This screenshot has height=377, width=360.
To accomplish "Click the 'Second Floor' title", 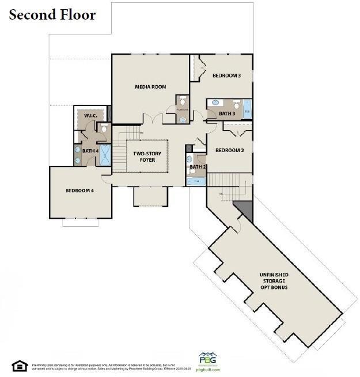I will tap(52, 15).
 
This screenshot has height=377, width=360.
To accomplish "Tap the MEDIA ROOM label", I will tap(150, 87).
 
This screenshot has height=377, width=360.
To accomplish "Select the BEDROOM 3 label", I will tap(226, 75).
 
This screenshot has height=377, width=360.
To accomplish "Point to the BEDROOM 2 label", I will tap(230, 150).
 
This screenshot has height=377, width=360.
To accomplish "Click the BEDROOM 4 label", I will tap(79, 191).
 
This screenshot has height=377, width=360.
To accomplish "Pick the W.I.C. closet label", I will tap(90, 116).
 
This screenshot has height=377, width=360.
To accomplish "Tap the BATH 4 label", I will tap(90, 151).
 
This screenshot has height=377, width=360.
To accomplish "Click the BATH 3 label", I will tap(227, 114).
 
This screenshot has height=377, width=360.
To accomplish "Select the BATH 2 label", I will tap(198, 167).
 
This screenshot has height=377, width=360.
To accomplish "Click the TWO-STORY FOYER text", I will tap(147, 157).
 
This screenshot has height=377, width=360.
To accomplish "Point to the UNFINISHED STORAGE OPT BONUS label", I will tap(274, 281).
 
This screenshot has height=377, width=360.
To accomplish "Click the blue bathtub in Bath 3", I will tap(247, 110).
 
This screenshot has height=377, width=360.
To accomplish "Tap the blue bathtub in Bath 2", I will tap(196, 181).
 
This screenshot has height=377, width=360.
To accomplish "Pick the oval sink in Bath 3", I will tap(214, 103).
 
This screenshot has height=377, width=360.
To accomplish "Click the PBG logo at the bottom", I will tap(208, 359).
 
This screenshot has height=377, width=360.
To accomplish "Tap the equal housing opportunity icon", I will tap(19, 365).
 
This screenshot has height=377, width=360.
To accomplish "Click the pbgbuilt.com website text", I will tap(208, 370).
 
